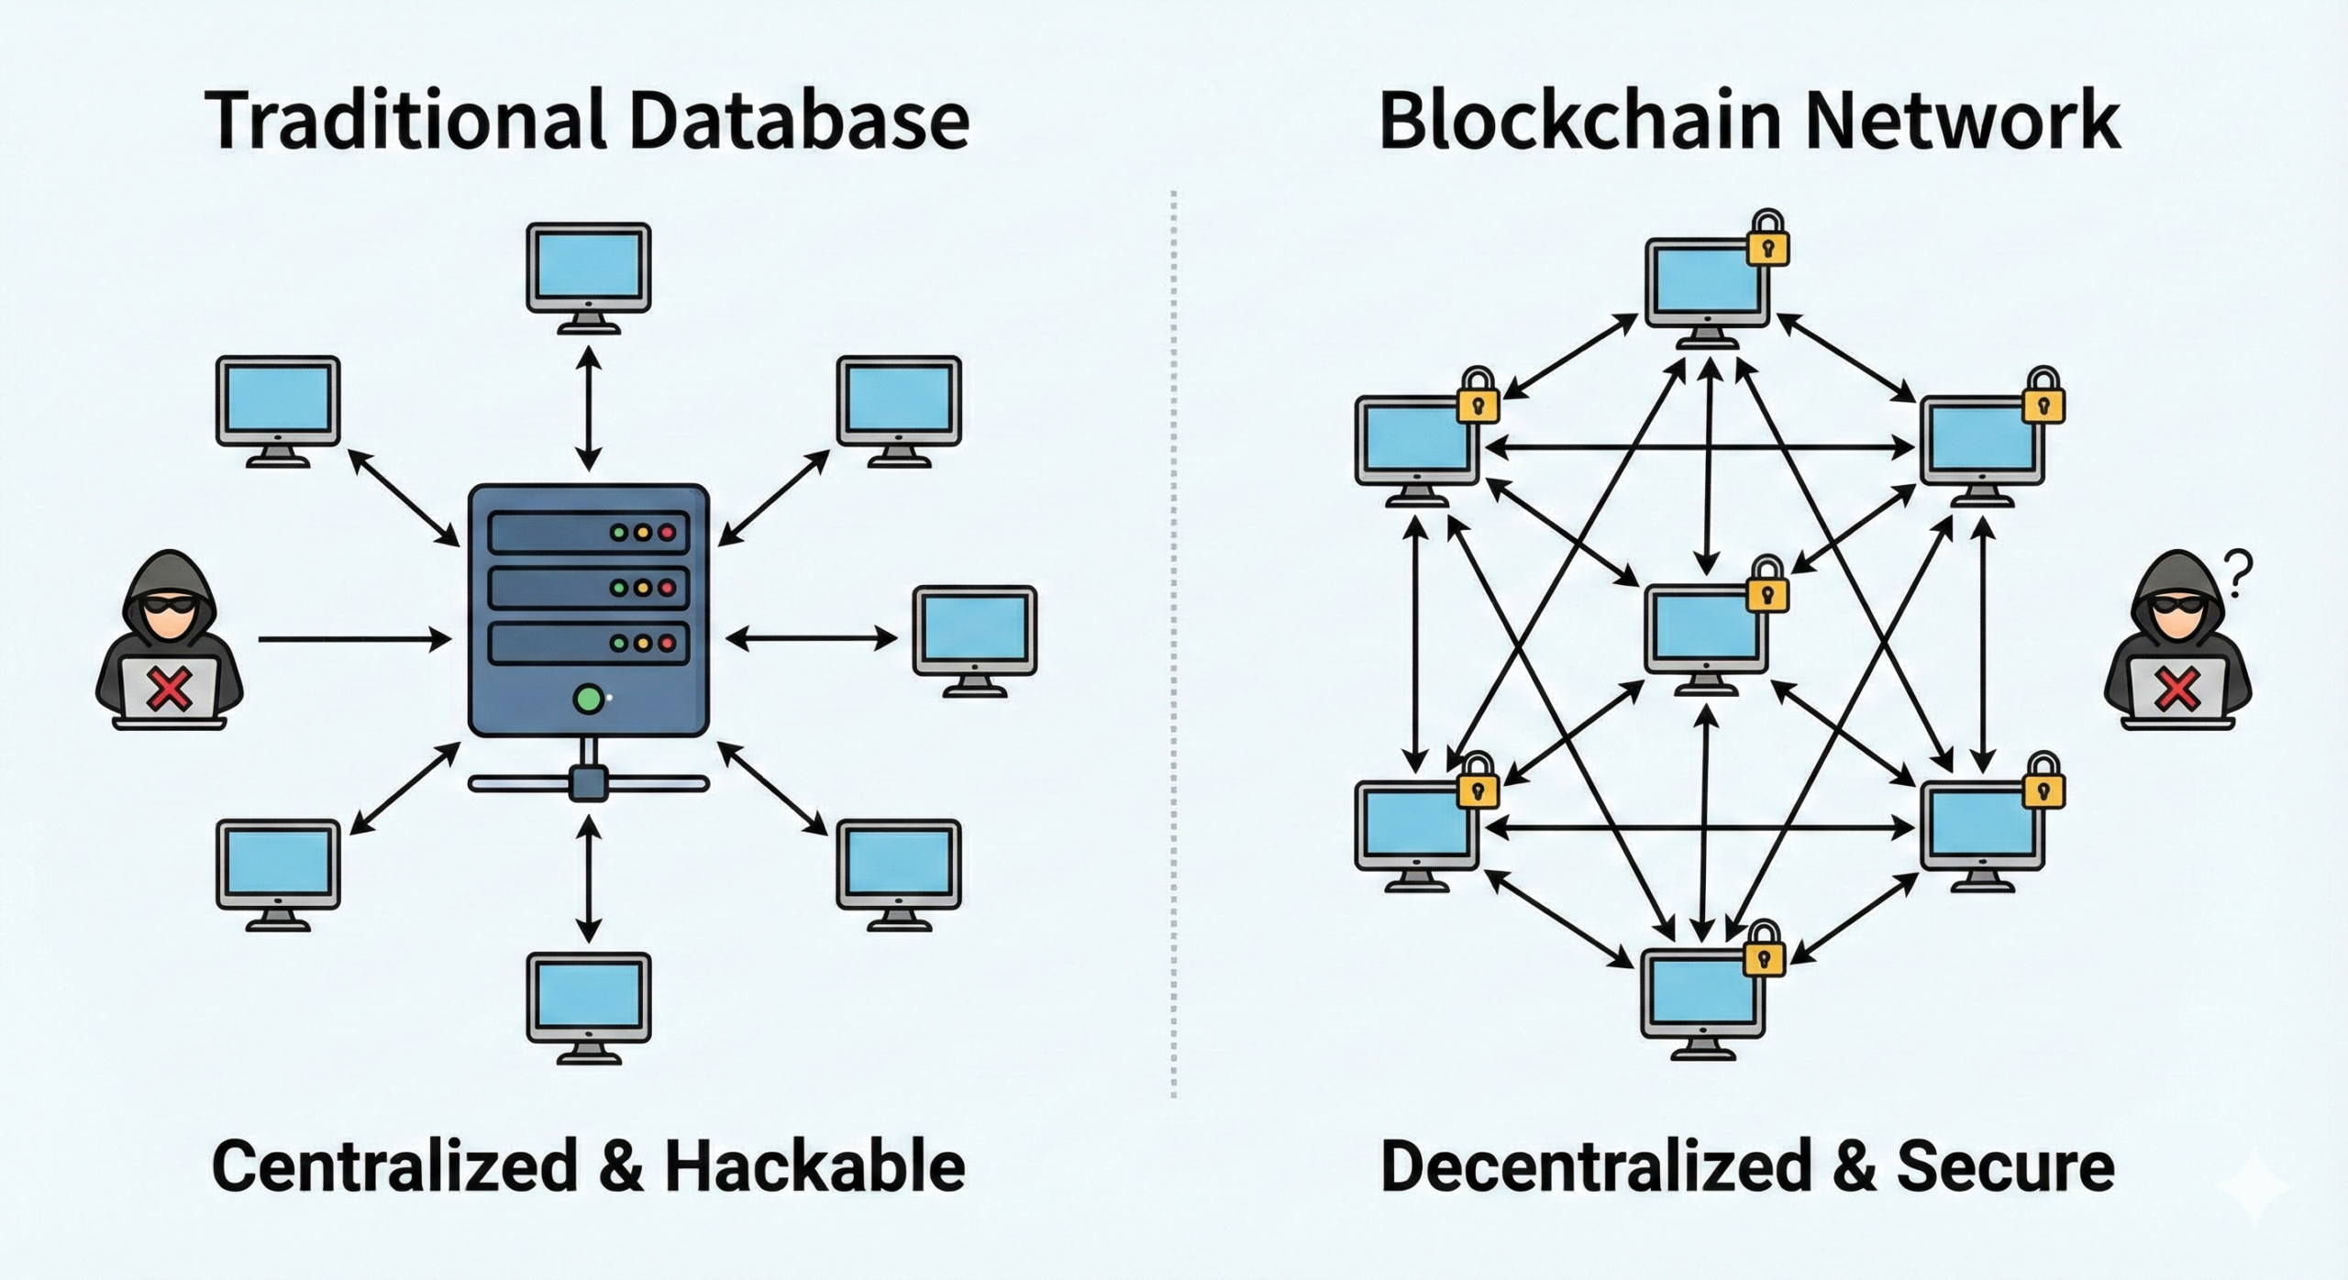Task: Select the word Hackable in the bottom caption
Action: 814,1166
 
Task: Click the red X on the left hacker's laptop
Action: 170,690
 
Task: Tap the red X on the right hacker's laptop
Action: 2176,690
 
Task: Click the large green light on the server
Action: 588,700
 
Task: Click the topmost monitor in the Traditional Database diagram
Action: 588,268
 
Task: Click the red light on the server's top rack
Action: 668,532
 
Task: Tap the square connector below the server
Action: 588,784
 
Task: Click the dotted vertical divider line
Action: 1174,642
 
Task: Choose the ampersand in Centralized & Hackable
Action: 621,1167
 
